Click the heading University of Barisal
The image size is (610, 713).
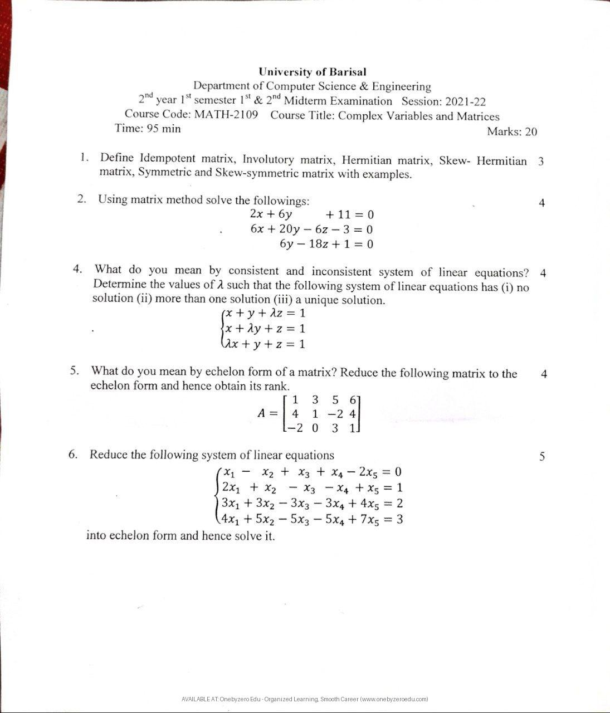point(312,72)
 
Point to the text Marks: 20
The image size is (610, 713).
point(511,131)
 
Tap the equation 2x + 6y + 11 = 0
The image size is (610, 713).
point(311,214)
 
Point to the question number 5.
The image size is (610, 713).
point(75,370)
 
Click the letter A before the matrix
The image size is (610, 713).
point(262,413)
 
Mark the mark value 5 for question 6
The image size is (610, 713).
point(542,457)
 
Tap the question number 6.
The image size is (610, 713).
point(73,454)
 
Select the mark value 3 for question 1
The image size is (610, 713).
point(541,162)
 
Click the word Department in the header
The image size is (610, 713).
point(221,86)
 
